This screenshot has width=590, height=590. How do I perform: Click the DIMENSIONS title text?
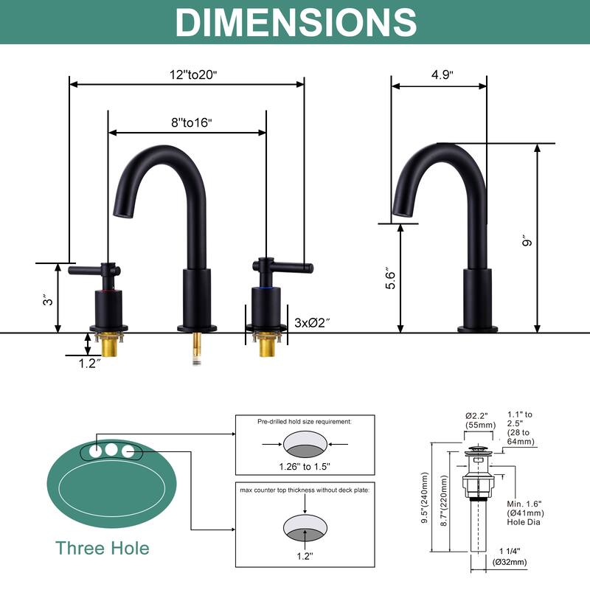point(296,22)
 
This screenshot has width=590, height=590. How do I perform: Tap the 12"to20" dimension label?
point(193,74)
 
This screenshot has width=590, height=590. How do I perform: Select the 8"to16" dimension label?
point(192,122)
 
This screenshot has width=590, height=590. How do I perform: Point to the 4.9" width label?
point(442,74)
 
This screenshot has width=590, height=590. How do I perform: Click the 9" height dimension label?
point(527,241)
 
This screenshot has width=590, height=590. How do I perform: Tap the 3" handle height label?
point(48,301)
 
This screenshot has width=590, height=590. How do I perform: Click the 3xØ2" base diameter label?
point(312,322)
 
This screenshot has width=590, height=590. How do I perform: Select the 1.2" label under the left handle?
point(89,363)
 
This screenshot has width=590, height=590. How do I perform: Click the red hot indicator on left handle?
point(108,291)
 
